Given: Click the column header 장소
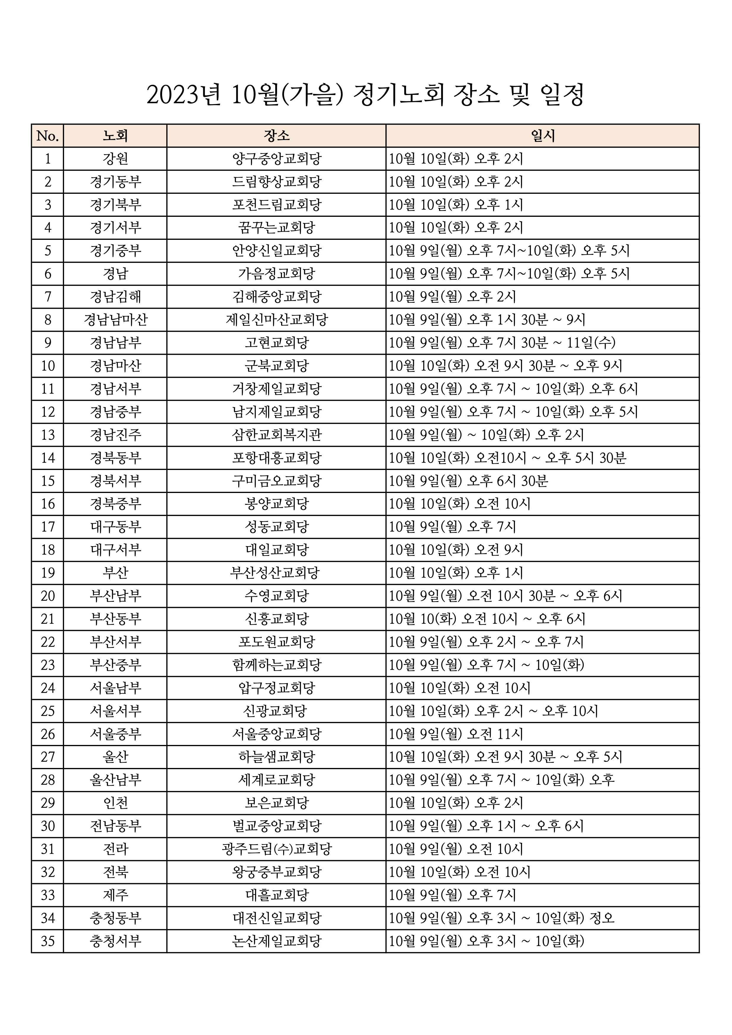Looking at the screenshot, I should pos(276,136).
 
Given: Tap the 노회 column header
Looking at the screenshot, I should pos(115,136).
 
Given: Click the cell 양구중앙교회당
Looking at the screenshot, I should pos(276,159).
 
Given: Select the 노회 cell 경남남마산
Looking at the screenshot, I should pos(115,320).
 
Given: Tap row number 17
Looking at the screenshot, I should pos(48,527).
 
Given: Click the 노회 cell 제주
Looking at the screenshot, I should pos(115,895).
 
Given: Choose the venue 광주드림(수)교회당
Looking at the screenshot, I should pos(276,849).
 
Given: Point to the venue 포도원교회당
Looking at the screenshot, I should pos(276,642).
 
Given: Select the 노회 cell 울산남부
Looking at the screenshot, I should pos(115,780).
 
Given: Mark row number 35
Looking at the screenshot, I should pos(48,941).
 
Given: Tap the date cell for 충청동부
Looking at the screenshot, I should pos(501,918).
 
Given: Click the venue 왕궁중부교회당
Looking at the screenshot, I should pos(276,872).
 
